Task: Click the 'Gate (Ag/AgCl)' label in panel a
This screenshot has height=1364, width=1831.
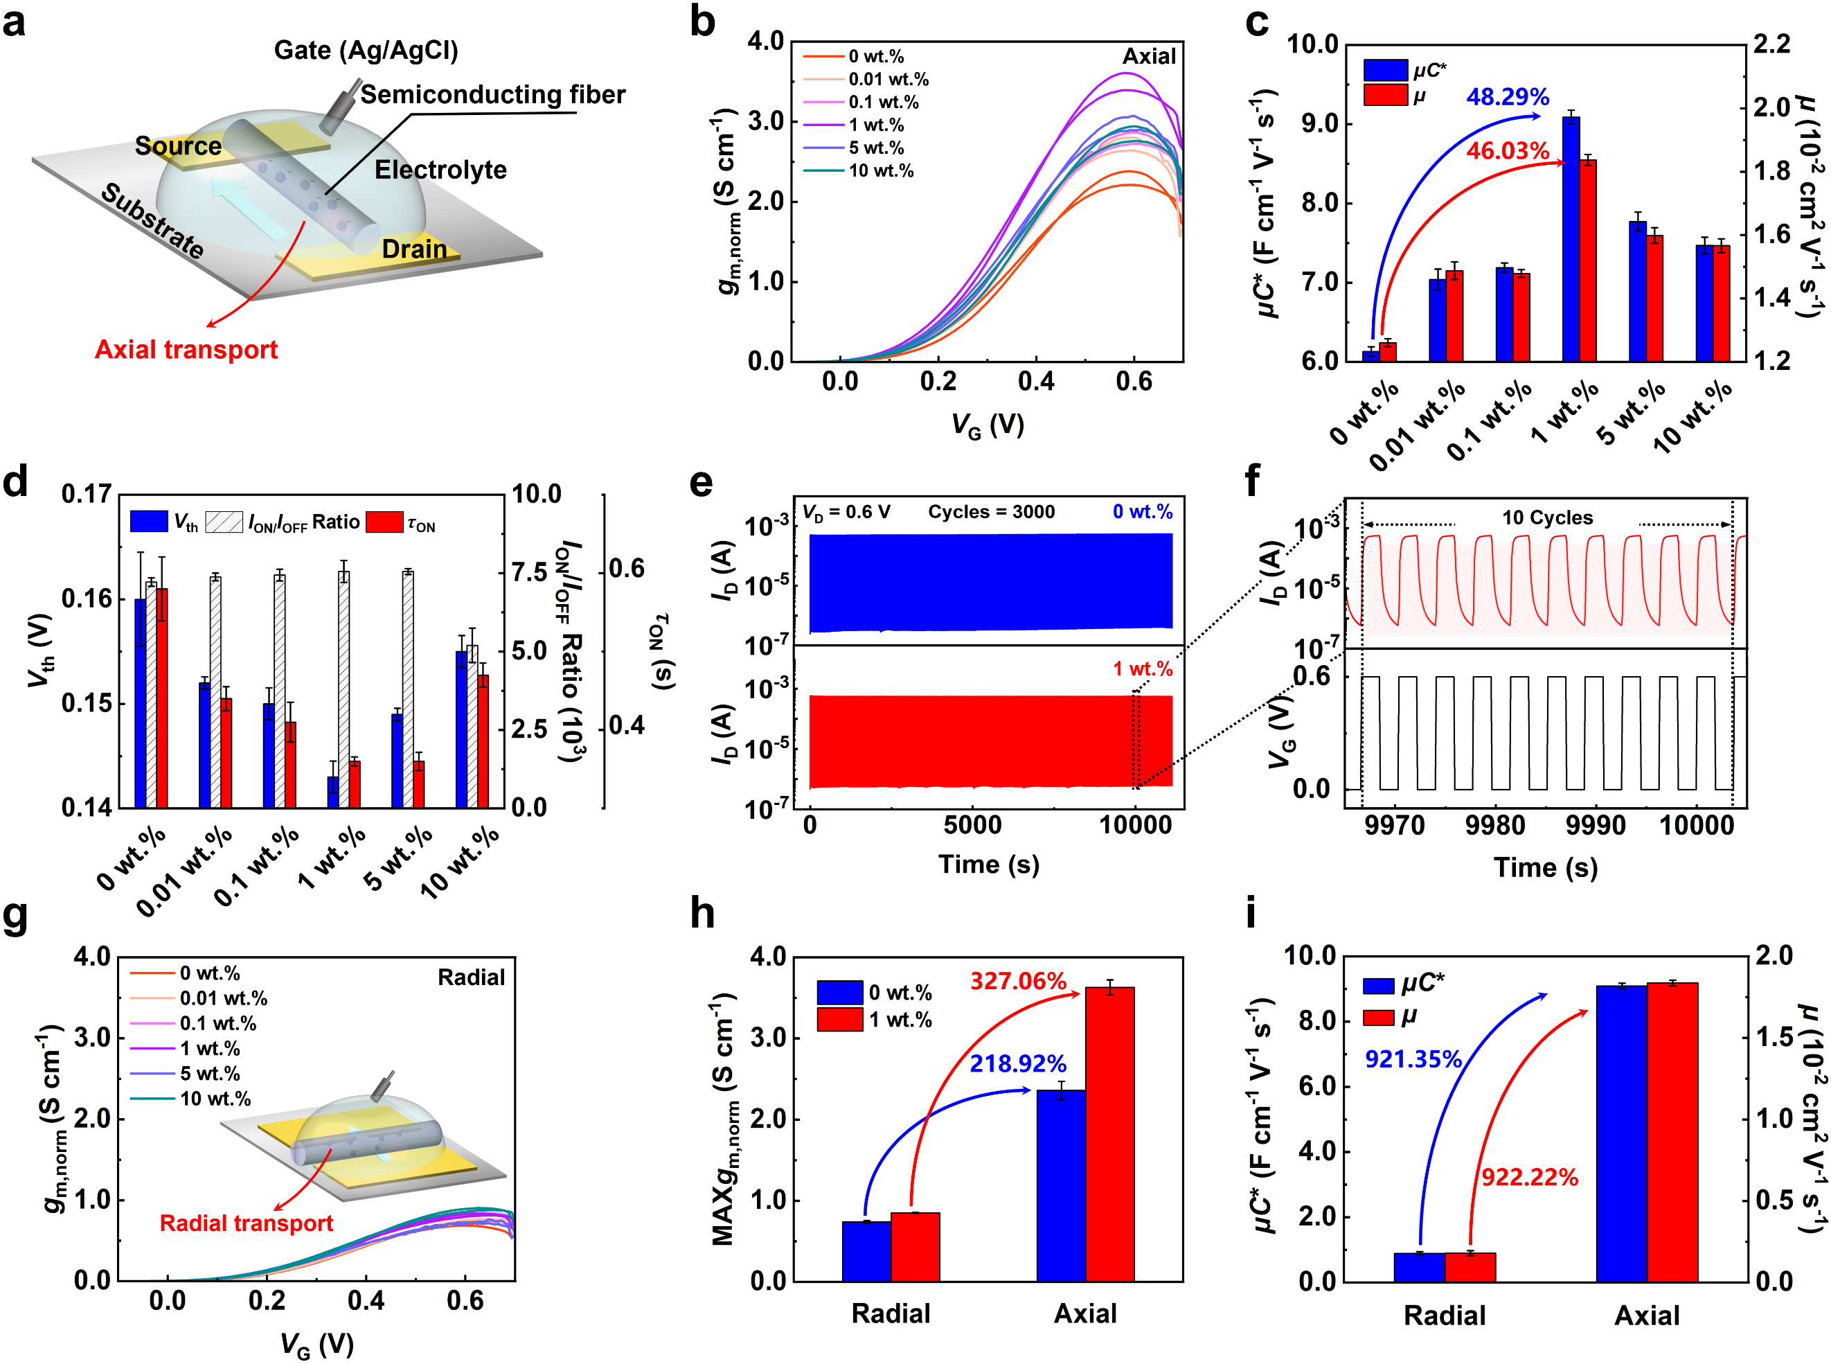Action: click(366, 51)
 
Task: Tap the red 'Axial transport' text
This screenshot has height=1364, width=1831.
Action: click(186, 349)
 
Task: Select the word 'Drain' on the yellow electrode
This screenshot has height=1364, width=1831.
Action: click(413, 249)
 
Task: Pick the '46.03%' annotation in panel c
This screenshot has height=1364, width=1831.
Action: click(1508, 150)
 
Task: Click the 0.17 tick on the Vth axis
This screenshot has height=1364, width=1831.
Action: click(86, 494)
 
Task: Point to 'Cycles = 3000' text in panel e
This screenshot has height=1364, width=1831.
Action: click(990, 512)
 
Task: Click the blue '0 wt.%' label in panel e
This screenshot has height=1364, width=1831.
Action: click(1142, 512)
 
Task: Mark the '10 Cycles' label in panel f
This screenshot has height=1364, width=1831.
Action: click(1547, 517)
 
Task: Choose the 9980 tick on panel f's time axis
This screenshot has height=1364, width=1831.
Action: click(1495, 825)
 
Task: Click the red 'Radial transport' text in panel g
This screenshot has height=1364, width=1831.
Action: click(246, 1223)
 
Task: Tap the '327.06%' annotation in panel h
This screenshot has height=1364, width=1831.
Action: click(1018, 981)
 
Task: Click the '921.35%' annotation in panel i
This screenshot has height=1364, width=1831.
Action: click(1413, 1059)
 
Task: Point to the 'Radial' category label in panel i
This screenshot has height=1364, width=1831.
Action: click(1444, 1316)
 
